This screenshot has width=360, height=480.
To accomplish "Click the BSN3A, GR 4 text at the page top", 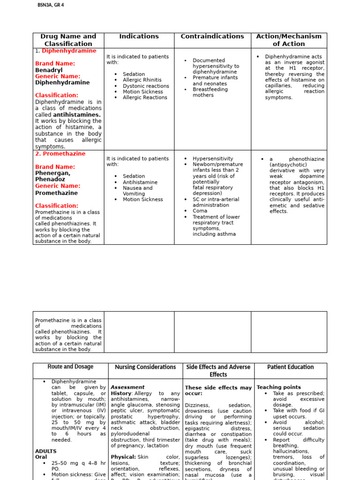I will [51, 5].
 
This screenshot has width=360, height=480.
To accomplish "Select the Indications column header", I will [139, 37].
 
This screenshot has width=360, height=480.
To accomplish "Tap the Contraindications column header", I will [212, 37].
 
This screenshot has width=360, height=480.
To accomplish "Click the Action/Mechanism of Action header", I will [289, 40].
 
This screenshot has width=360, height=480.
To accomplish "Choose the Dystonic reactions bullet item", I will [146, 86].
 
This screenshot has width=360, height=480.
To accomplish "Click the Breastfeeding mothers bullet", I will [210, 92].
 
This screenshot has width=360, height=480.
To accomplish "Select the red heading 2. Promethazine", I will [60, 154].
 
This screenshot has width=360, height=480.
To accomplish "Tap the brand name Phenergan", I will [52, 173].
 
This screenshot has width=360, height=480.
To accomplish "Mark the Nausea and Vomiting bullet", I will [137, 191].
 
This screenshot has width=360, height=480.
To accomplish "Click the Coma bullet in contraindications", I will [200, 211].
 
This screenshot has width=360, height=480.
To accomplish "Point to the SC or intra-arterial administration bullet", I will [216, 202].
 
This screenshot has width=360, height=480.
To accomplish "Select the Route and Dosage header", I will [70, 367].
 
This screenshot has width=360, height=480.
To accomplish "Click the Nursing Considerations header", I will [145, 367].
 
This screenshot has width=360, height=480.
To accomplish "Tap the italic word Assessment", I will [127, 388].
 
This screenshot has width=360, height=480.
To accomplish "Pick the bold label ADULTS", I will [45, 451].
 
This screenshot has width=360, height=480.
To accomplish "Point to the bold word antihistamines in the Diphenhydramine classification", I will [77, 115].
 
